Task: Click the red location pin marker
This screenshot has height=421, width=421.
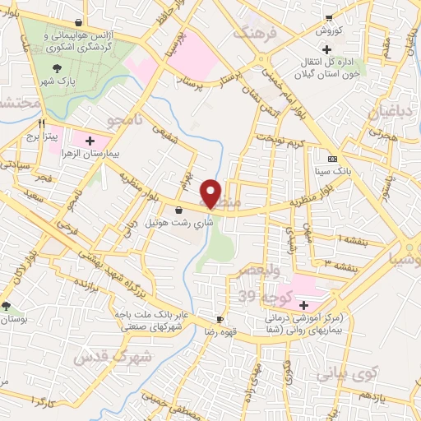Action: click(212, 193)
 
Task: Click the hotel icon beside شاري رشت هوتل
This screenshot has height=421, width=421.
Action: click(179, 210)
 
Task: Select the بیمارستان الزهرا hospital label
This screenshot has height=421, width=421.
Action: click(92, 154)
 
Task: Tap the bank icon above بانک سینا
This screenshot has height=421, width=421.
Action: click(332, 159)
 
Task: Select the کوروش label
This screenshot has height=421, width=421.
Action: click(332, 30)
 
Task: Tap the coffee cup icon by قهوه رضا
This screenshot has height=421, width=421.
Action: click(220, 318)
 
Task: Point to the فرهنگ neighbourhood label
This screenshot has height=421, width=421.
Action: click(252, 33)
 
